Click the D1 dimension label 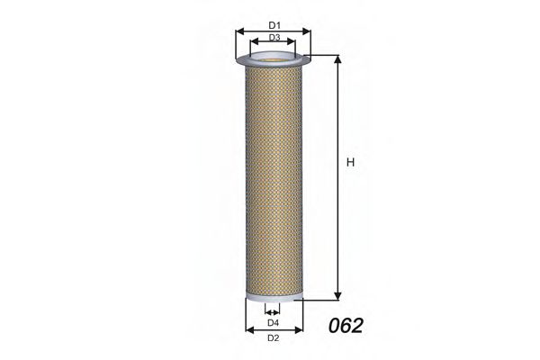[x=274, y=23]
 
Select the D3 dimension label [x=274, y=38]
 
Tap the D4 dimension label [x=274, y=322]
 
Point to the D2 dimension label [x=274, y=338]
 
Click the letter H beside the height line [x=351, y=163]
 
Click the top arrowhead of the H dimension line [x=339, y=58]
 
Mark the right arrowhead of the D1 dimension [x=309, y=31]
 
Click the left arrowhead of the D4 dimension [x=267, y=314]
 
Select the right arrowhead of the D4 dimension [x=280, y=314]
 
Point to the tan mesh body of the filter [x=274, y=180]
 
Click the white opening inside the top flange [x=274, y=60]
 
